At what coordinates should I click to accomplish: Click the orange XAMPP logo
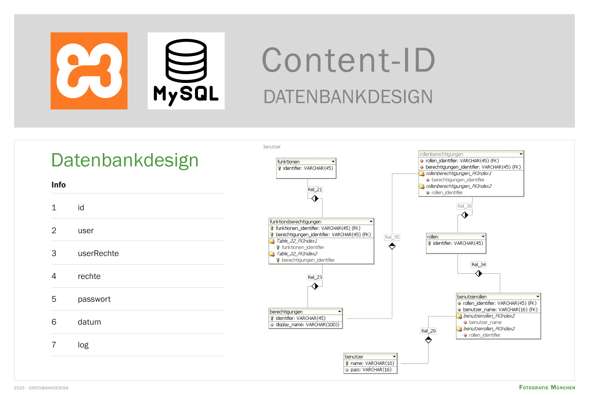tap(89, 71)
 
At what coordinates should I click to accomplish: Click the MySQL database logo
tap(186, 71)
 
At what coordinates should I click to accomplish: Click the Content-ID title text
tap(348, 60)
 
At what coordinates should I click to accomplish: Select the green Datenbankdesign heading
tap(125, 160)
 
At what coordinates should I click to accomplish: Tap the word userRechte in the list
tap(98, 253)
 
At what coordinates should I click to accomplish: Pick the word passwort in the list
tap(94, 299)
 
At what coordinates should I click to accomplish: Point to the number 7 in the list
tap(54, 345)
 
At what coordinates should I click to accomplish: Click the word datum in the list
tap(89, 322)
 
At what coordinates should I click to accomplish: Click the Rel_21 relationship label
tap(315, 190)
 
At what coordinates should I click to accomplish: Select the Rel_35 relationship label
tap(392, 237)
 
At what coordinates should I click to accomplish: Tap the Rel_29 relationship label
tap(428, 331)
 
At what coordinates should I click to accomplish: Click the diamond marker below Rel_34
tap(478, 274)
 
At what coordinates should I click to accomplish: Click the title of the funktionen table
tap(288, 162)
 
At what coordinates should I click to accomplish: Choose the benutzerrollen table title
tap(472, 297)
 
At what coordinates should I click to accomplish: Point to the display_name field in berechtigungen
tap(307, 325)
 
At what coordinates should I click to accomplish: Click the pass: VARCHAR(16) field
tap(371, 370)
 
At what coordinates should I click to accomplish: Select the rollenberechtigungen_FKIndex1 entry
tap(458, 173)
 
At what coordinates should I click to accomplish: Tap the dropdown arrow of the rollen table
tap(483, 236)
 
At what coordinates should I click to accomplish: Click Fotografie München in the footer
tap(547, 388)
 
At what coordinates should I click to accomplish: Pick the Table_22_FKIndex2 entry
tap(297, 254)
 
